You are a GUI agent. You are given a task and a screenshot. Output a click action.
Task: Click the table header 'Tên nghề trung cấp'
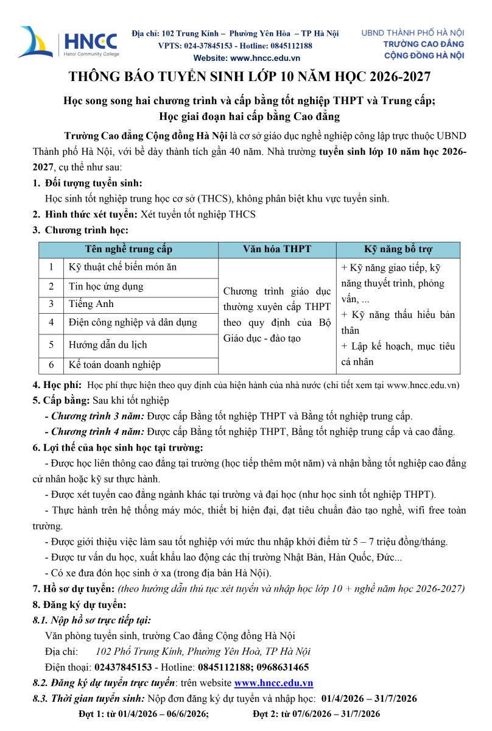[x=128, y=249]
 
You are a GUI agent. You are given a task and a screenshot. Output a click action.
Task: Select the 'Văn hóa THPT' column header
[x=276, y=249]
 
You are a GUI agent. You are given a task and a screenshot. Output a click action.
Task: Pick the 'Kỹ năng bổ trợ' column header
[x=398, y=249]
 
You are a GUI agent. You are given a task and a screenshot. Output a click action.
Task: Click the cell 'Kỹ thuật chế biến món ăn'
[x=122, y=267]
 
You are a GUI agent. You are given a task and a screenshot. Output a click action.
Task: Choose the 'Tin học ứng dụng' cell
[x=106, y=286]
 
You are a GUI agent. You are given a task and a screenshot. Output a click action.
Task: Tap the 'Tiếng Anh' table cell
[x=91, y=304]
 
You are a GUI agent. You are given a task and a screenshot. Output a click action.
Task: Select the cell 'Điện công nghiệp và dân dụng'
[x=132, y=322]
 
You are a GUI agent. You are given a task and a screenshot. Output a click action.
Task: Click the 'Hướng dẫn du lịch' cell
[x=108, y=344]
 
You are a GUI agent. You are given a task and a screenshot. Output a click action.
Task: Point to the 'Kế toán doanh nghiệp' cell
[x=114, y=365]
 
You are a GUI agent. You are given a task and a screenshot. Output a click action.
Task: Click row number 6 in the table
[x=52, y=365]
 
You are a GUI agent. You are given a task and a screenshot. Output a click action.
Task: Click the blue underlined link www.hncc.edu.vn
[x=273, y=683]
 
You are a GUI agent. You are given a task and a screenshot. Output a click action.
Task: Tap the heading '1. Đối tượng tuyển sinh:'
[x=88, y=183]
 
